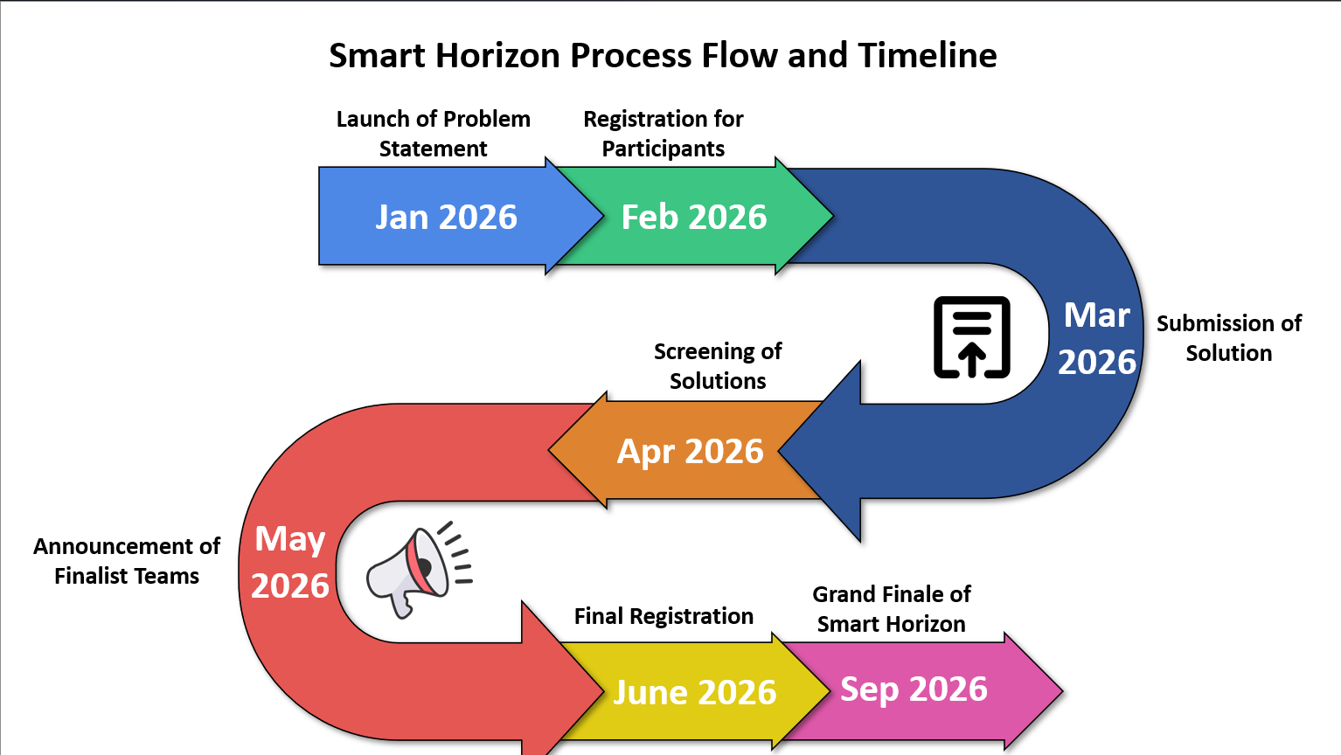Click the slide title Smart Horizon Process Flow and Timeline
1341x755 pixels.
[x=663, y=56]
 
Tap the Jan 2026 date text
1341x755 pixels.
[x=446, y=217]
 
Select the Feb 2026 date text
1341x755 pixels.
[x=693, y=217]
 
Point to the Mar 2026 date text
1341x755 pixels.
[x=1097, y=338]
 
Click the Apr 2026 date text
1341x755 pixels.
[x=691, y=451]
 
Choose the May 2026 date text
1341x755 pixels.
[x=290, y=562]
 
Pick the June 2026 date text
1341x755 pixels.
[x=695, y=692]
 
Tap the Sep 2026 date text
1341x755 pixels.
[x=914, y=689]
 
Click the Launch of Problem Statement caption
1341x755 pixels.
[x=433, y=134]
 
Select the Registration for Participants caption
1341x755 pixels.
[x=663, y=134]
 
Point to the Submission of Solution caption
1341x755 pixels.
[x=1228, y=338]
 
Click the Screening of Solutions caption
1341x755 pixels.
[x=717, y=366]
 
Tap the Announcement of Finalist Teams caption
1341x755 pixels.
[x=127, y=561]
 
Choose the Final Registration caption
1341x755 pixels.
[x=664, y=616]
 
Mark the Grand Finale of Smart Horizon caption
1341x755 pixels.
[x=891, y=609]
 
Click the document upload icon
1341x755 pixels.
[x=971, y=337]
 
